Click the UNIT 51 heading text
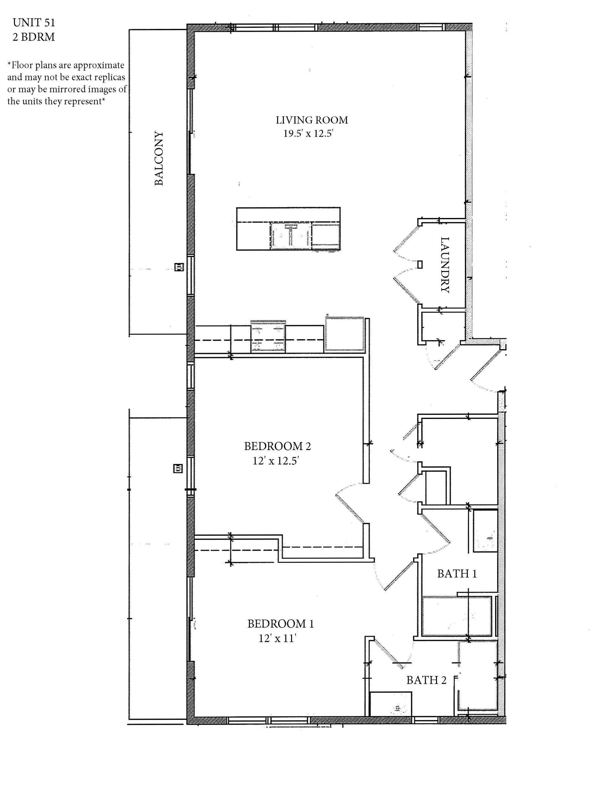[34, 23]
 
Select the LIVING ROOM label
[312, 120]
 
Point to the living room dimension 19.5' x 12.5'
[308, 134]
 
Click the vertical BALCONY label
[159, 158]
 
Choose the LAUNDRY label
[445, 265]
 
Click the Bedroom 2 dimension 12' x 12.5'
[276, 461]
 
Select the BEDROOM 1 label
[281, 624]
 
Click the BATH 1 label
[457, 574]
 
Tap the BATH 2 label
[426, 680]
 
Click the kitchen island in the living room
[288, 229]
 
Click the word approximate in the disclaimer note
[99, 65]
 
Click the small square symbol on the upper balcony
[179, 267]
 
